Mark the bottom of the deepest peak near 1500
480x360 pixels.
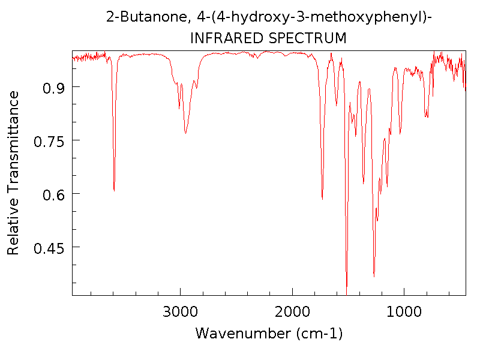[347, 287]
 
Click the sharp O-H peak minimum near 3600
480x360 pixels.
[114, 191]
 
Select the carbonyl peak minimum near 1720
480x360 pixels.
[323, 199]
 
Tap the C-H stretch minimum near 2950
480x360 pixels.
[185, 133]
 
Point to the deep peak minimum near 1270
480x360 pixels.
[374, 276]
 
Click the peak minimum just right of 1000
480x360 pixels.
[400, 133]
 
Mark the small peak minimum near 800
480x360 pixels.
[426, 116]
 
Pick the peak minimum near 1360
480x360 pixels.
[364, 183]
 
